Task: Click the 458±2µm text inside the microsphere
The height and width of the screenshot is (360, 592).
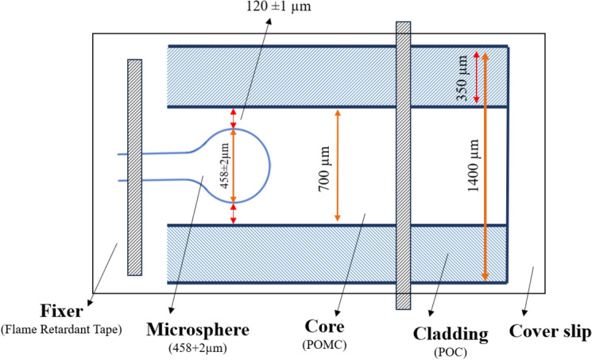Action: pos(224,165)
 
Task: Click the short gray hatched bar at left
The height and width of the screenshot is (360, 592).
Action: pos(134,167)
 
